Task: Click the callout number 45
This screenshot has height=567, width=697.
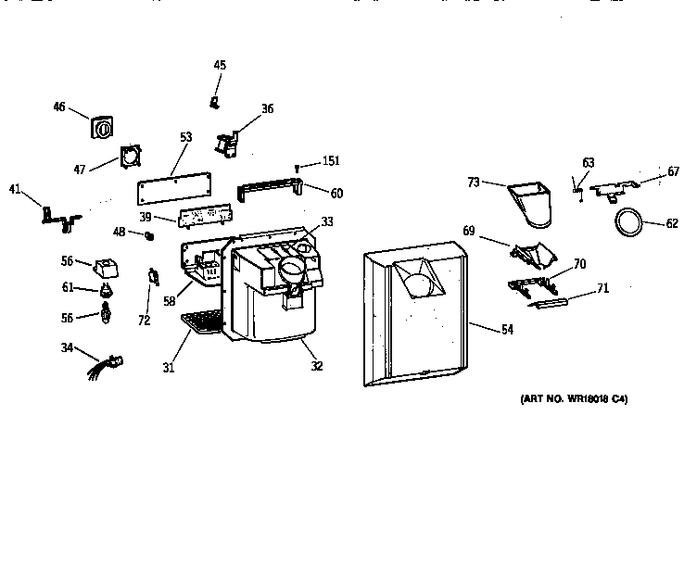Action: click(220, 65)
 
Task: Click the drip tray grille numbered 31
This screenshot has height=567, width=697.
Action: click(202, 322)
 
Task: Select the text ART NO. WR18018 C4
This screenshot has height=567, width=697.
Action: click(574, 399)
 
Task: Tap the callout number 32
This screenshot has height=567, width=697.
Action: click(317, 366)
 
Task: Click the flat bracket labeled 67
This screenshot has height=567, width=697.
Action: click(613, 190)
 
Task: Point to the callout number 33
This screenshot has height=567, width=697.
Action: click(326, 221)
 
